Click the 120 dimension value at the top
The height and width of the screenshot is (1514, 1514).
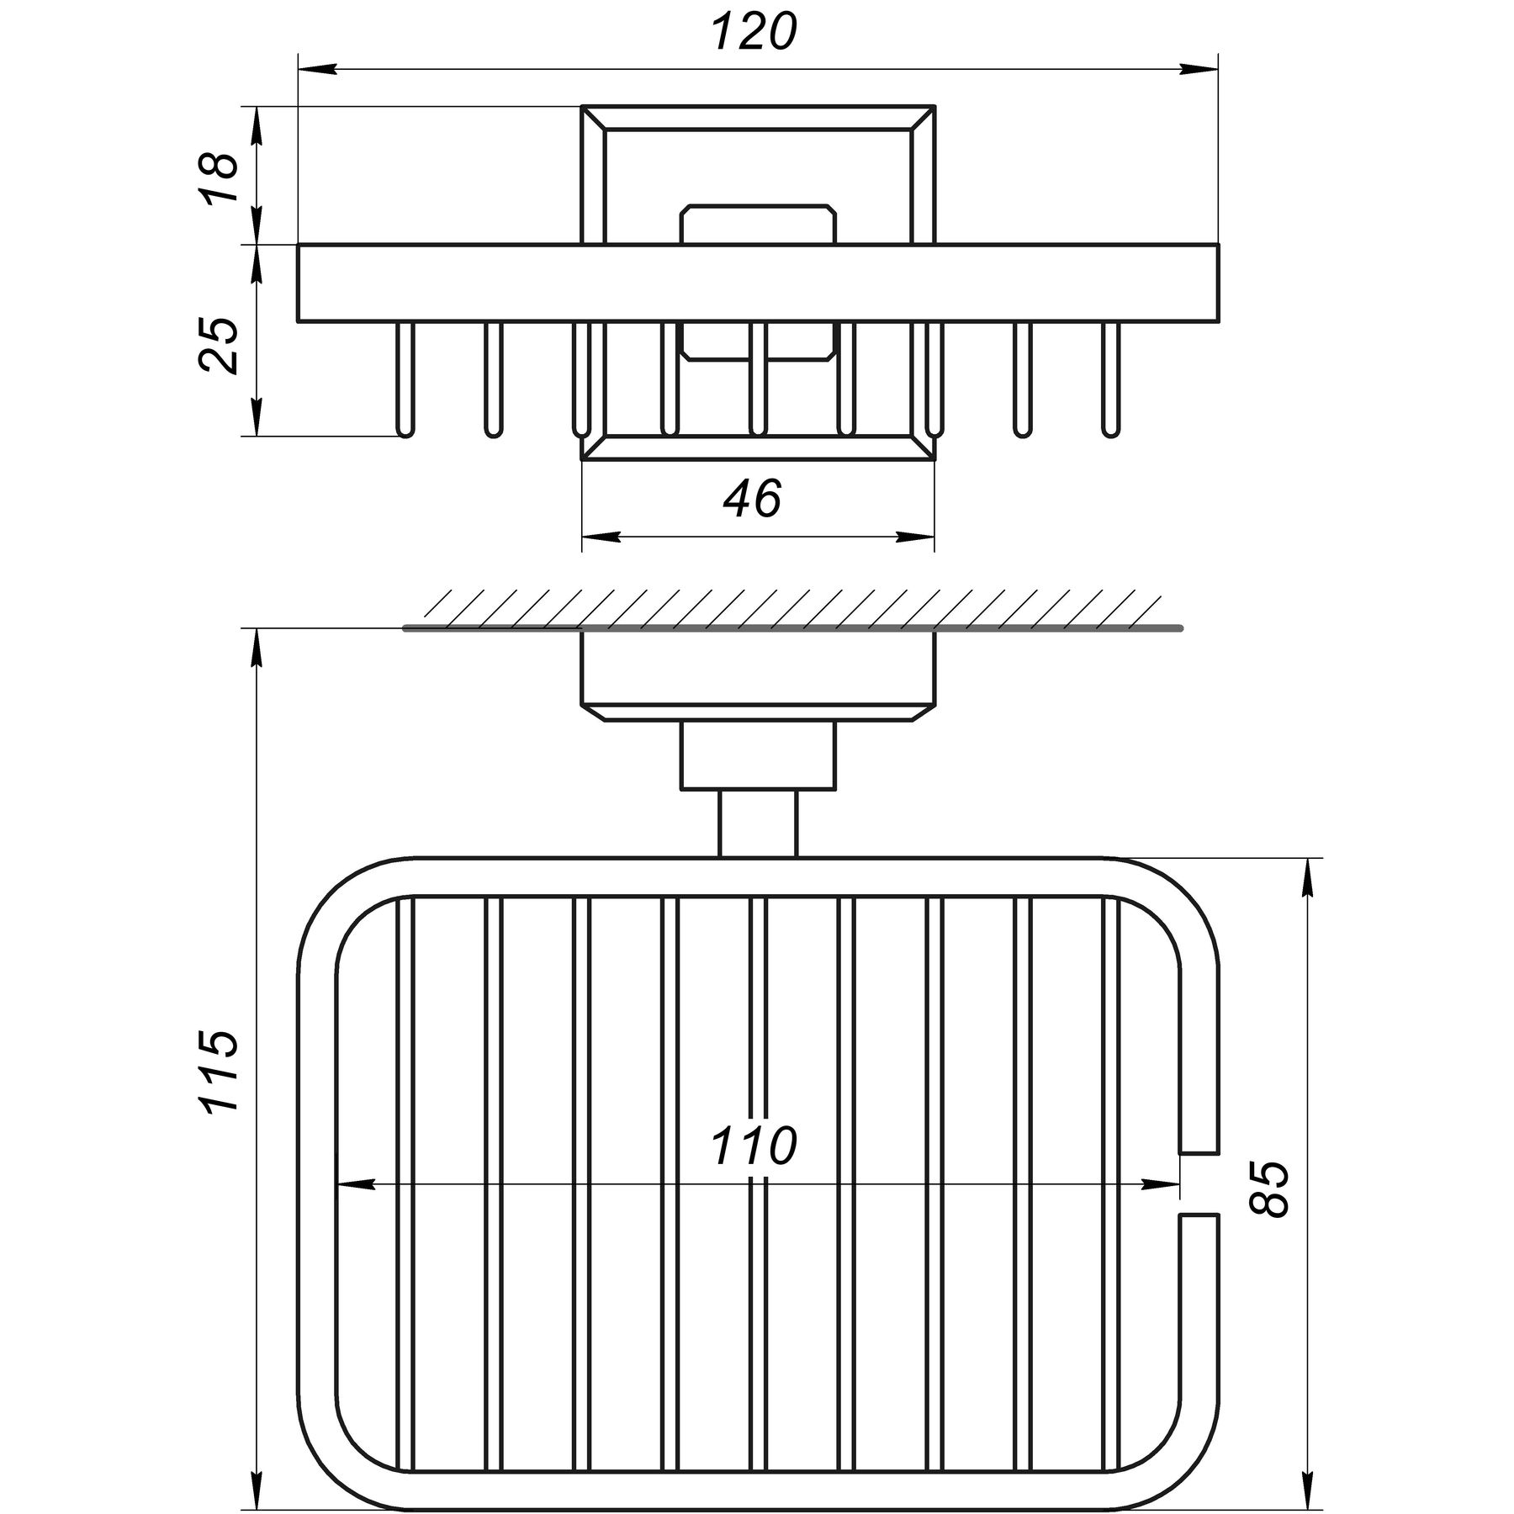tap(754, 34)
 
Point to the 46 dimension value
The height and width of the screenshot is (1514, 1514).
tap(752, 499)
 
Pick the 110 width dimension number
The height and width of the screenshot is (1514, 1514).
tap(754, 1146)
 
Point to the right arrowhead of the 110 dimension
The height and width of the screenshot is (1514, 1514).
tap(1161, 1184)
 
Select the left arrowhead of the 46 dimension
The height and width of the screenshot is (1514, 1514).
tap(601, 536)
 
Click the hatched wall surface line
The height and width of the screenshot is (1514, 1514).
tap(791, 627)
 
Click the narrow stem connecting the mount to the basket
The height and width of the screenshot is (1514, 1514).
tap(757, 823)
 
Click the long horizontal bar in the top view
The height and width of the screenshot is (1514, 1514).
tap(757, 283)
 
